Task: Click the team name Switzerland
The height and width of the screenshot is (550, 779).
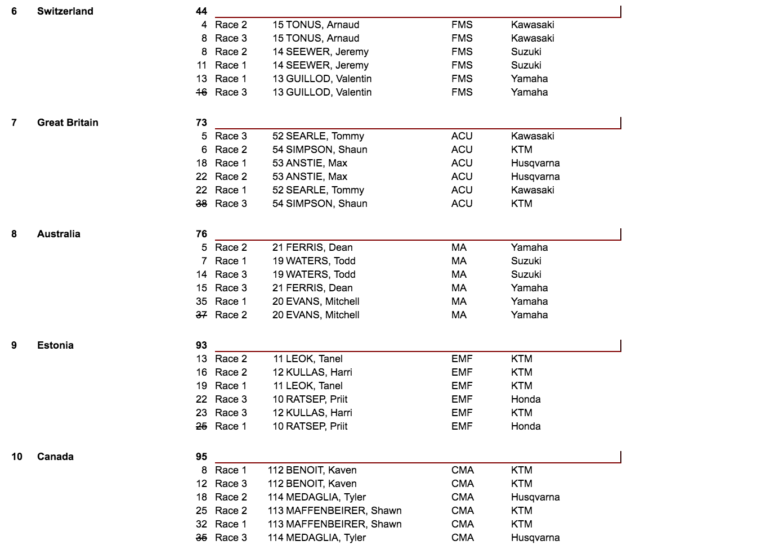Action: click(x=65, y=11)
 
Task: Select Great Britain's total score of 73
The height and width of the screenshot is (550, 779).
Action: click(x=202, y=123)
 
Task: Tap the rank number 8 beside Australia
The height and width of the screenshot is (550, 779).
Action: click(x=14, y=234)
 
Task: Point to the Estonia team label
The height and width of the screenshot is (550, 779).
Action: click(x=55, y=345)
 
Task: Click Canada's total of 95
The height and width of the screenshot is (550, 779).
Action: click(x=202, y=457)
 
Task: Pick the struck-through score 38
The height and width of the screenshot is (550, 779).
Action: click(x=202, y=204)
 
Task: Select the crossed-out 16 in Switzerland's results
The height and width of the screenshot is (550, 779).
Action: click(x=202, y=92)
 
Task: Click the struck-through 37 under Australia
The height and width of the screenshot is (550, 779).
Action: click(x=202, y=315)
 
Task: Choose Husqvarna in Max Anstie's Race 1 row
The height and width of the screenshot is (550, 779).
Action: click(x=535, y=163)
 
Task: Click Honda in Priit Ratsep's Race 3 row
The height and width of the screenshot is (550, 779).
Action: click(x=526, y=399)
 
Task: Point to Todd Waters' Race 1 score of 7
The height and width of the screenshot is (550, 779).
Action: click(x=204, y=261)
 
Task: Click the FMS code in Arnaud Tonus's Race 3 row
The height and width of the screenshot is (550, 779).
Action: click(x=462, y=38)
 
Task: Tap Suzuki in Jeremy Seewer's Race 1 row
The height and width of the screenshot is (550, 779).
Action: click(x=526, y=65)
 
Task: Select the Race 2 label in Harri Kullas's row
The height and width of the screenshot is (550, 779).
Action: click(x=231, y=372)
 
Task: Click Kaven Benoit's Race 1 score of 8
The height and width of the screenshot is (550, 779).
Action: click(x=204, y=470)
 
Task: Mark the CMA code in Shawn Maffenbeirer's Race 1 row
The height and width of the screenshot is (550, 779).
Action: click(x=462, y=524)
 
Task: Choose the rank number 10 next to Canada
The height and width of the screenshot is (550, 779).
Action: click(x=17, y=457)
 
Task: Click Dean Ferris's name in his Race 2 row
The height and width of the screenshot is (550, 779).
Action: click(x=319, y=247)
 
